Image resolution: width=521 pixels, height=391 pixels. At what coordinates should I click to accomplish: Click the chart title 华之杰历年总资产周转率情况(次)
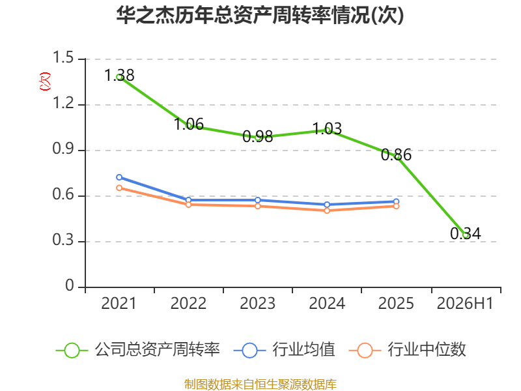click(260, 15)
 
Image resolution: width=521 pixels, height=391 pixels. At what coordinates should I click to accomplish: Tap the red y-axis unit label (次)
click(45, 81)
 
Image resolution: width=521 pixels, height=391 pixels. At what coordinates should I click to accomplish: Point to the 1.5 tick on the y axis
click(63, 57)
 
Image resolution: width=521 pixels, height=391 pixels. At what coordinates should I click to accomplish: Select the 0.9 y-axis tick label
click(63, 149)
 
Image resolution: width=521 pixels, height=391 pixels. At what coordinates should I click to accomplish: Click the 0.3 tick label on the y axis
click(63, 240)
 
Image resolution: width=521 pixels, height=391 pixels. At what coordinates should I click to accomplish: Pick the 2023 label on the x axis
click(257, 304)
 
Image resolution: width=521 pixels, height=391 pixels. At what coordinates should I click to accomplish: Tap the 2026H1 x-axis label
click(465, 304)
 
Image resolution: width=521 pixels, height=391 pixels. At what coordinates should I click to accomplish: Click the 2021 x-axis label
click(119, 304)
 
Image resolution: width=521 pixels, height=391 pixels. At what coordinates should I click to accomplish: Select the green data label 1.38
click(119, 76)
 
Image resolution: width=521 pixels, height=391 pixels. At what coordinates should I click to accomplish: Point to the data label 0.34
click(466, 234)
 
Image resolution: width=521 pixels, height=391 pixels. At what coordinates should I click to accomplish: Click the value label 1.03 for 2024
click(327, 128)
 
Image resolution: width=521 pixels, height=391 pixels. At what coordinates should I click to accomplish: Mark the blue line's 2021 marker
click(119, 177)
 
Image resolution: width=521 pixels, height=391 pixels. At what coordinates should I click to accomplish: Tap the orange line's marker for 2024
click(327, 210)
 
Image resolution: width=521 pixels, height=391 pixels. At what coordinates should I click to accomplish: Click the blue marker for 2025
click(396, 202)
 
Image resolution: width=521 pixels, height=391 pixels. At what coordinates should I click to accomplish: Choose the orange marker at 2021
click(119, 188)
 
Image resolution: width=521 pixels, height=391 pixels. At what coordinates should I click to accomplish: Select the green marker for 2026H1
click(466, 235)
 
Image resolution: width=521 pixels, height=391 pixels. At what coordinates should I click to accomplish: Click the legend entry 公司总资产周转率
click(138, 350)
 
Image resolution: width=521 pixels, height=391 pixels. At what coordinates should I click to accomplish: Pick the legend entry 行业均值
click(285, 350)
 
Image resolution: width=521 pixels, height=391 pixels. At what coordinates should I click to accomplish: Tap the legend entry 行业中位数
click(408, 350)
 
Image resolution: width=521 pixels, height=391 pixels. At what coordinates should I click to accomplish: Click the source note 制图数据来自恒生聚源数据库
click(260, 384)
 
